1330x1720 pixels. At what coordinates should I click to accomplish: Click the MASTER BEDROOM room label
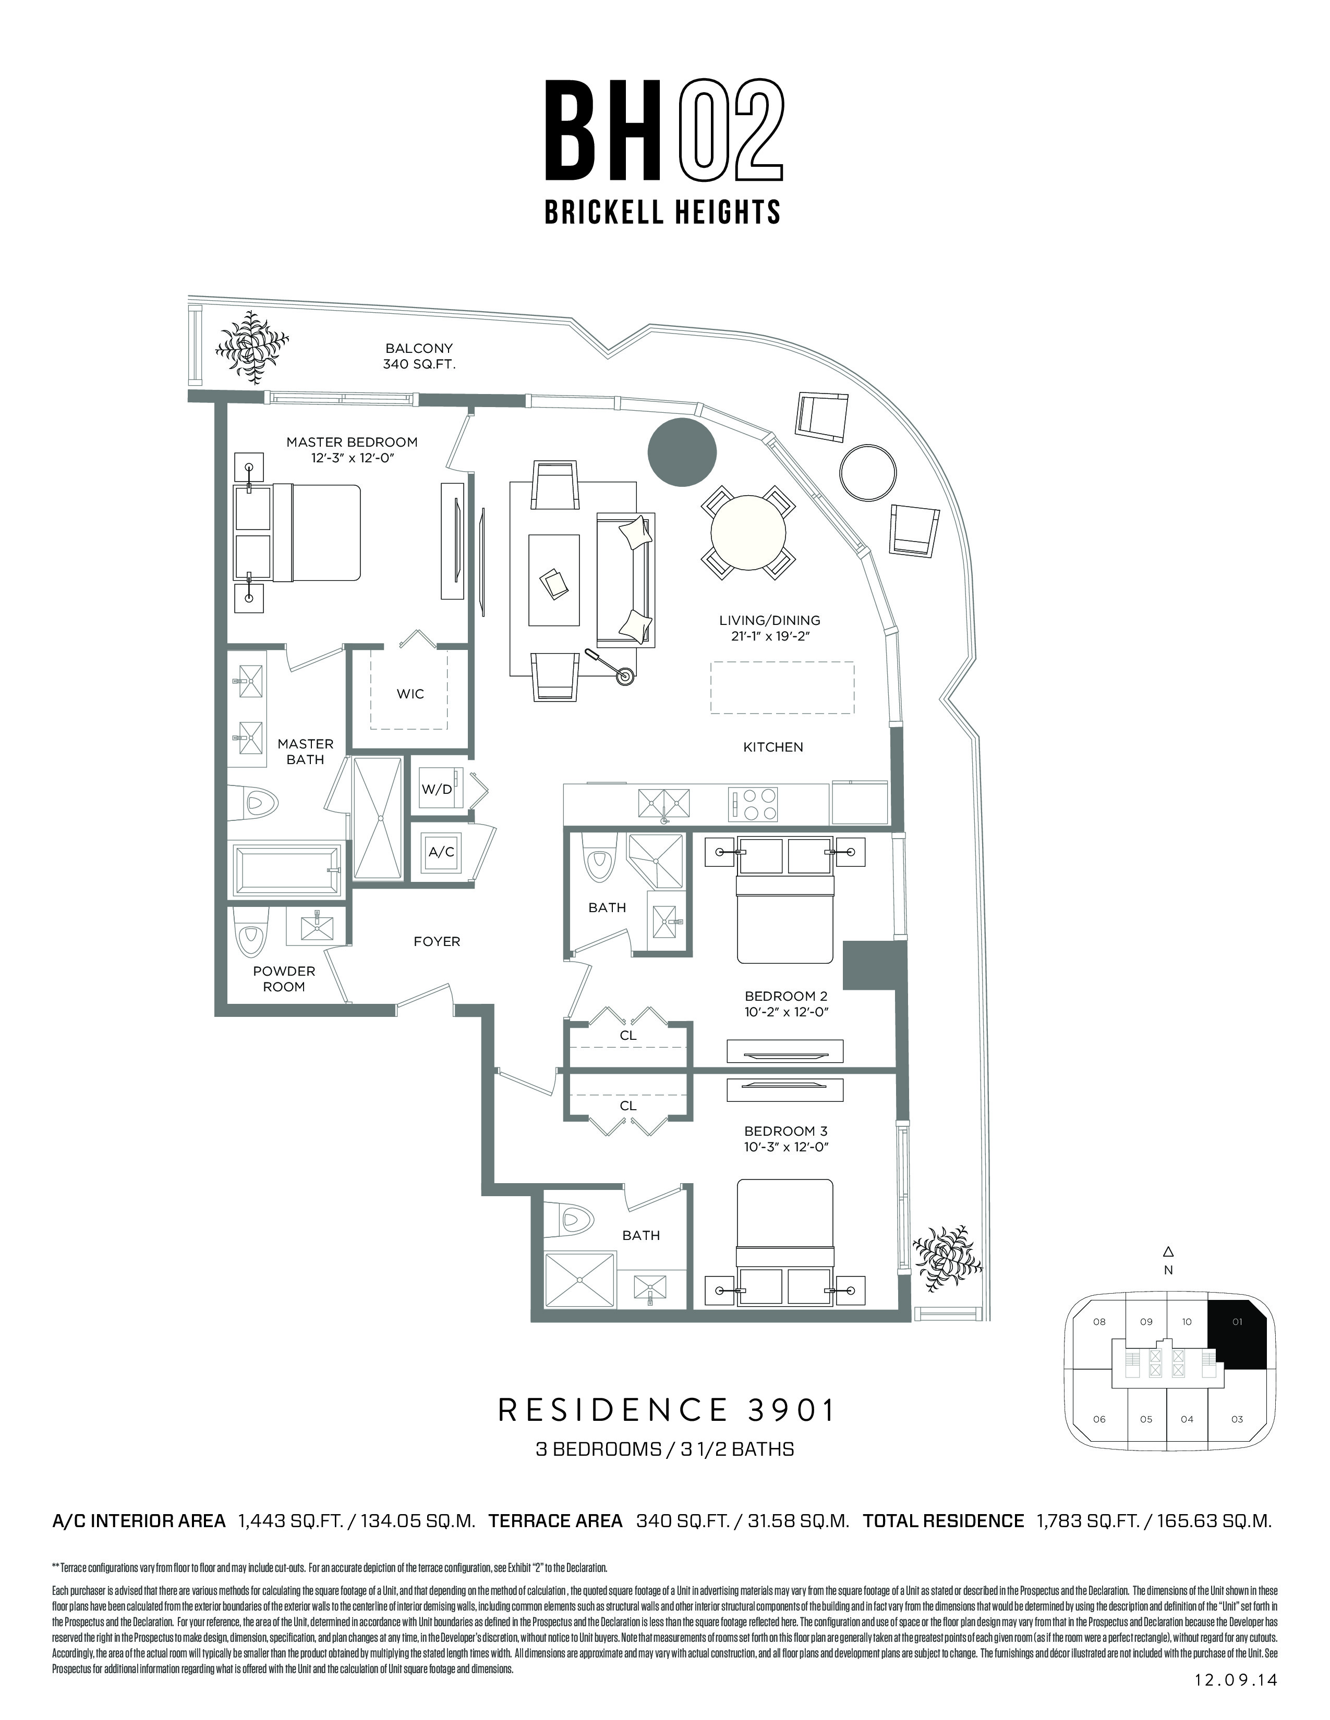[352, 442]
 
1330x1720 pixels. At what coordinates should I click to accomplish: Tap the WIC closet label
[410, 694]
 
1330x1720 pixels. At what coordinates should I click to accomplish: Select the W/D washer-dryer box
[437, 788]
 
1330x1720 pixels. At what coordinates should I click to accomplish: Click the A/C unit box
[441, 851]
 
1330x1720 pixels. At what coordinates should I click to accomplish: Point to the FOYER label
[437, 941]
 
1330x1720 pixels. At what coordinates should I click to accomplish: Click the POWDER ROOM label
[284, 979]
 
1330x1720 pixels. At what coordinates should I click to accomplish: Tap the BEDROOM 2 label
[785, 996]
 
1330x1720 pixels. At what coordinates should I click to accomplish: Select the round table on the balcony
[867, 473]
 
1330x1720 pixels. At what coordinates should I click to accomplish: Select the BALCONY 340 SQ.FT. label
[419, 356]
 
